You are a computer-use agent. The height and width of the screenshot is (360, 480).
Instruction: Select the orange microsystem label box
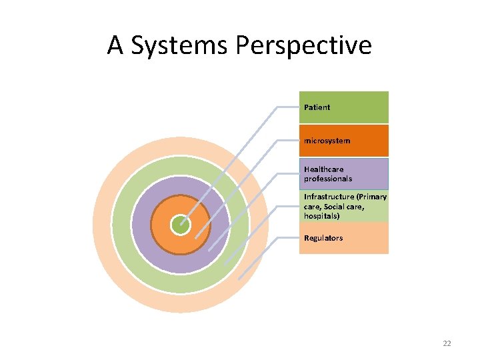(360, 141)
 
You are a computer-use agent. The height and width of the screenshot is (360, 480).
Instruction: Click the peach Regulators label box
(360, 238)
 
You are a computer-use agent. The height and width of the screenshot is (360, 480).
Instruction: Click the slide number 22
(447, 343)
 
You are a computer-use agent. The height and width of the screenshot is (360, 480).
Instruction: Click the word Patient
(317, 107)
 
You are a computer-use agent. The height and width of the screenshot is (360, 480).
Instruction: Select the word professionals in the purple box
(328, 179)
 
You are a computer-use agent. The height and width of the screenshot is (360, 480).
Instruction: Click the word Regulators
(323, 238)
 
